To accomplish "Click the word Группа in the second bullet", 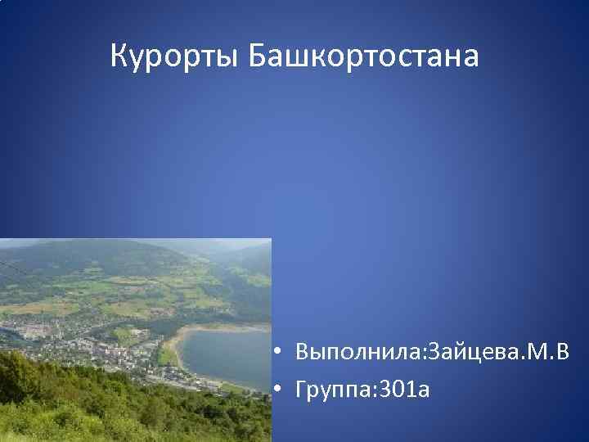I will (x=332, y=390).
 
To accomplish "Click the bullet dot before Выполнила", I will (x=279, y=353).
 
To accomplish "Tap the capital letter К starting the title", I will (x=119, y=56).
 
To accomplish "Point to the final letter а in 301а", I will (x=423, y=392).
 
